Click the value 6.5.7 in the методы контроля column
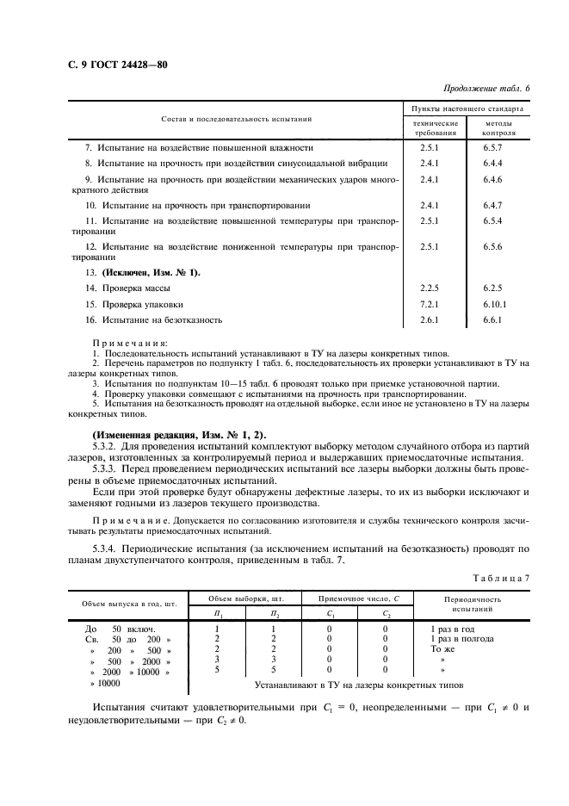click(x=492, y=148)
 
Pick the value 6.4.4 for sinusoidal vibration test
click(x=492, y=163)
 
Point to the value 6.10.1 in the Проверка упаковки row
click(x=494, y=304)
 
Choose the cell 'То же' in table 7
click(x=442, y=649)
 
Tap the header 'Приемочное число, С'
click(x=357, y=597)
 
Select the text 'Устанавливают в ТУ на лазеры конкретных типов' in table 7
click(x=359, y=685)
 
